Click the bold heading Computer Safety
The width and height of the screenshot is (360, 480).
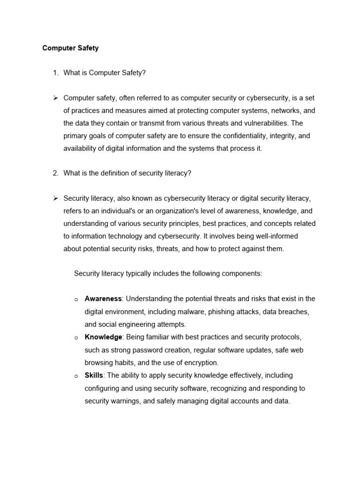coord(70,48)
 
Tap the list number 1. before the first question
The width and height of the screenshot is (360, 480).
coord(56,73)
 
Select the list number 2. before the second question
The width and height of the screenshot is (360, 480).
coord(56,173)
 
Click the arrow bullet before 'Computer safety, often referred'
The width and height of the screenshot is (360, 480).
coord(55,97)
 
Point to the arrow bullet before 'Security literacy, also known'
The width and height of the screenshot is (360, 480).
coord(55,198)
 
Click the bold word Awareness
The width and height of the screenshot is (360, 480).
coord(103,299)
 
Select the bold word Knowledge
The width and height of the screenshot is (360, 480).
coord(104,337)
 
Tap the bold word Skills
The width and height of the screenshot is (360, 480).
coord(94,375)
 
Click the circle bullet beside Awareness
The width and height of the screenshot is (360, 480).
coord(76,299)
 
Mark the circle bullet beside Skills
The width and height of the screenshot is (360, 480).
coord(76,376)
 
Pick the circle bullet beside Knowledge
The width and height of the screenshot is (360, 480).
coord(76,337)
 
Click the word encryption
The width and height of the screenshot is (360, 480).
coord(201,362)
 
